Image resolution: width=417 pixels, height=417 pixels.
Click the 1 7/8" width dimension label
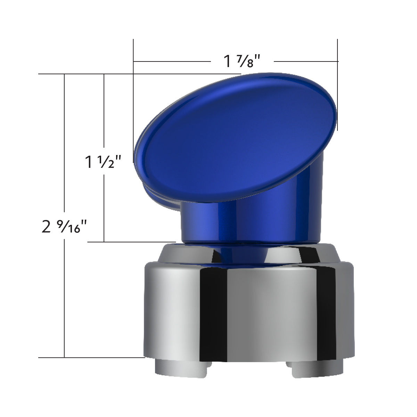(242, 62)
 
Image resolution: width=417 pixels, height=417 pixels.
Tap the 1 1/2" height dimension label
(103, 162)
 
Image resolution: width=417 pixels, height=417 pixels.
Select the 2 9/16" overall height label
(64, 228)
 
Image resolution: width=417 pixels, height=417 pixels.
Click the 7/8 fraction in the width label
(249, 62)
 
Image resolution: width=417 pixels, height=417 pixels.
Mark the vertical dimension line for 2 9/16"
(64, 295)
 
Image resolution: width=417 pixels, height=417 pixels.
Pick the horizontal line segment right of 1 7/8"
(306, 62)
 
